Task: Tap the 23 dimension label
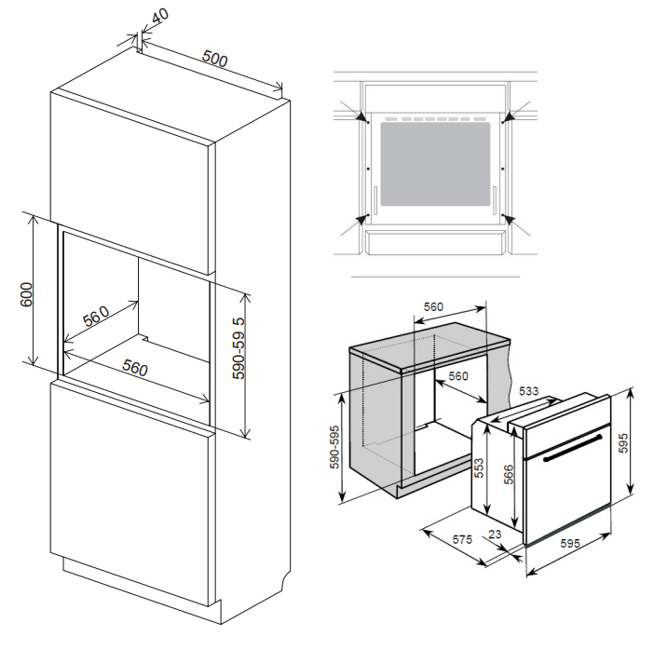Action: (x=495, y=535)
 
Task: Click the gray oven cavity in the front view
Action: (x=435, y=166)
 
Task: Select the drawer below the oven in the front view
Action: (x=435, y=244)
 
